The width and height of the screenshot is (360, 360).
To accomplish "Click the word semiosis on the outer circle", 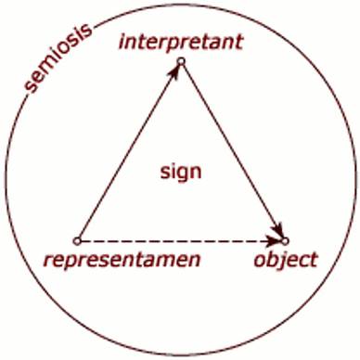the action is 58,57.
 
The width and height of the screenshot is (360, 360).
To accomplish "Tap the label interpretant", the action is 181,42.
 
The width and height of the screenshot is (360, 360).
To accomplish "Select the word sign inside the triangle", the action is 181,172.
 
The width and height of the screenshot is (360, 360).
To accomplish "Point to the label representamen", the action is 122,260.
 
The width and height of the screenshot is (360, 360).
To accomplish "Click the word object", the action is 286,260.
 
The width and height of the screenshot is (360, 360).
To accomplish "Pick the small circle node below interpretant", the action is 181,61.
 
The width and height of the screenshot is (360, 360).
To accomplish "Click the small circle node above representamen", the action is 77,241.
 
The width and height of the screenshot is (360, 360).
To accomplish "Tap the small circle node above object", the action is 285,240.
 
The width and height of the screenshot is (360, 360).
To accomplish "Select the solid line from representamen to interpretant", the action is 129,151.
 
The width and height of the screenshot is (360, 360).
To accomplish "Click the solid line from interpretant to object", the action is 233,151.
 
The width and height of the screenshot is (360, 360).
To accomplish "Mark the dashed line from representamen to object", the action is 181,241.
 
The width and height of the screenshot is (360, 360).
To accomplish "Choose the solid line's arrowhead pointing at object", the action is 277,230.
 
